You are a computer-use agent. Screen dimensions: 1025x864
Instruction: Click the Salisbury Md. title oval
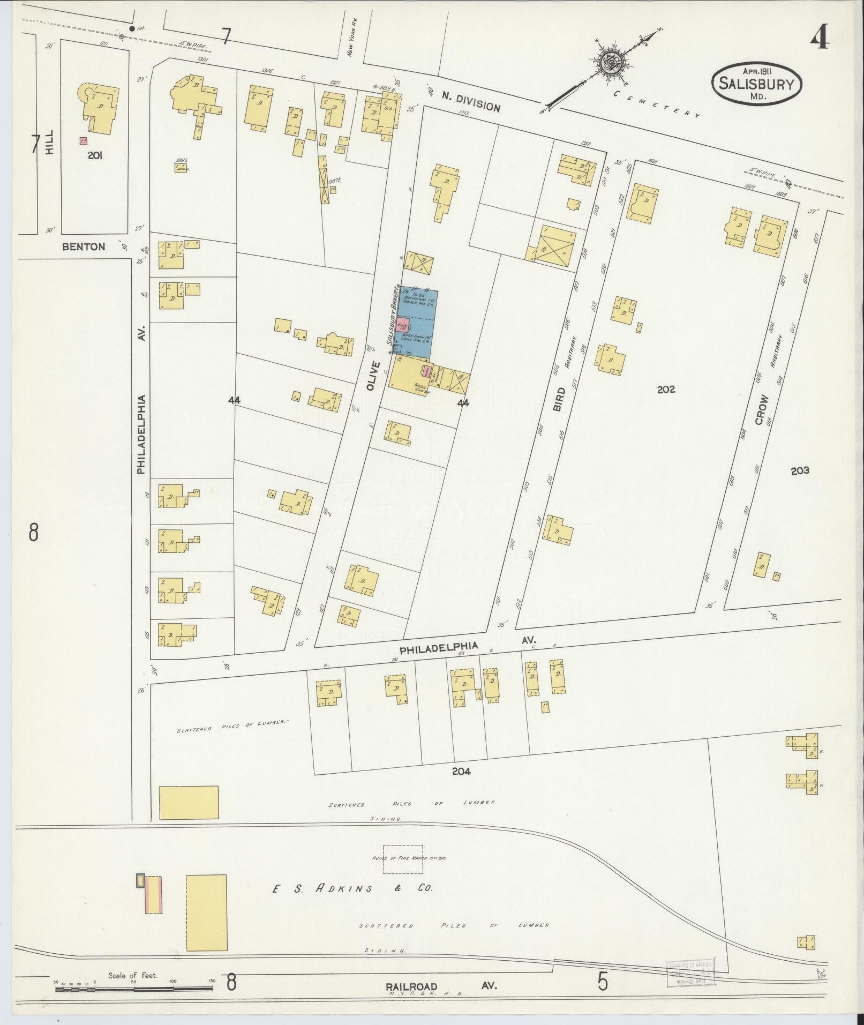pyautogui.click(x=756, y=81)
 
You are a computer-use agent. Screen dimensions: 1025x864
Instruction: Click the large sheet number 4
pyautogui.click(x=820, y=38)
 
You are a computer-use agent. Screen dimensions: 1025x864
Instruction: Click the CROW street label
pyautogui.click(x=761, y=410)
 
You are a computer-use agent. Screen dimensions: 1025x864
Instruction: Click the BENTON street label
pyautogui.click(x=84, y=246)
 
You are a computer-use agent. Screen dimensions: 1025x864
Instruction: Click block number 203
pyautogui.click(x=799, y=470)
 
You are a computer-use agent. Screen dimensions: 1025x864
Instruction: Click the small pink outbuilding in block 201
pyautogui.click(x=83, y=141)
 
